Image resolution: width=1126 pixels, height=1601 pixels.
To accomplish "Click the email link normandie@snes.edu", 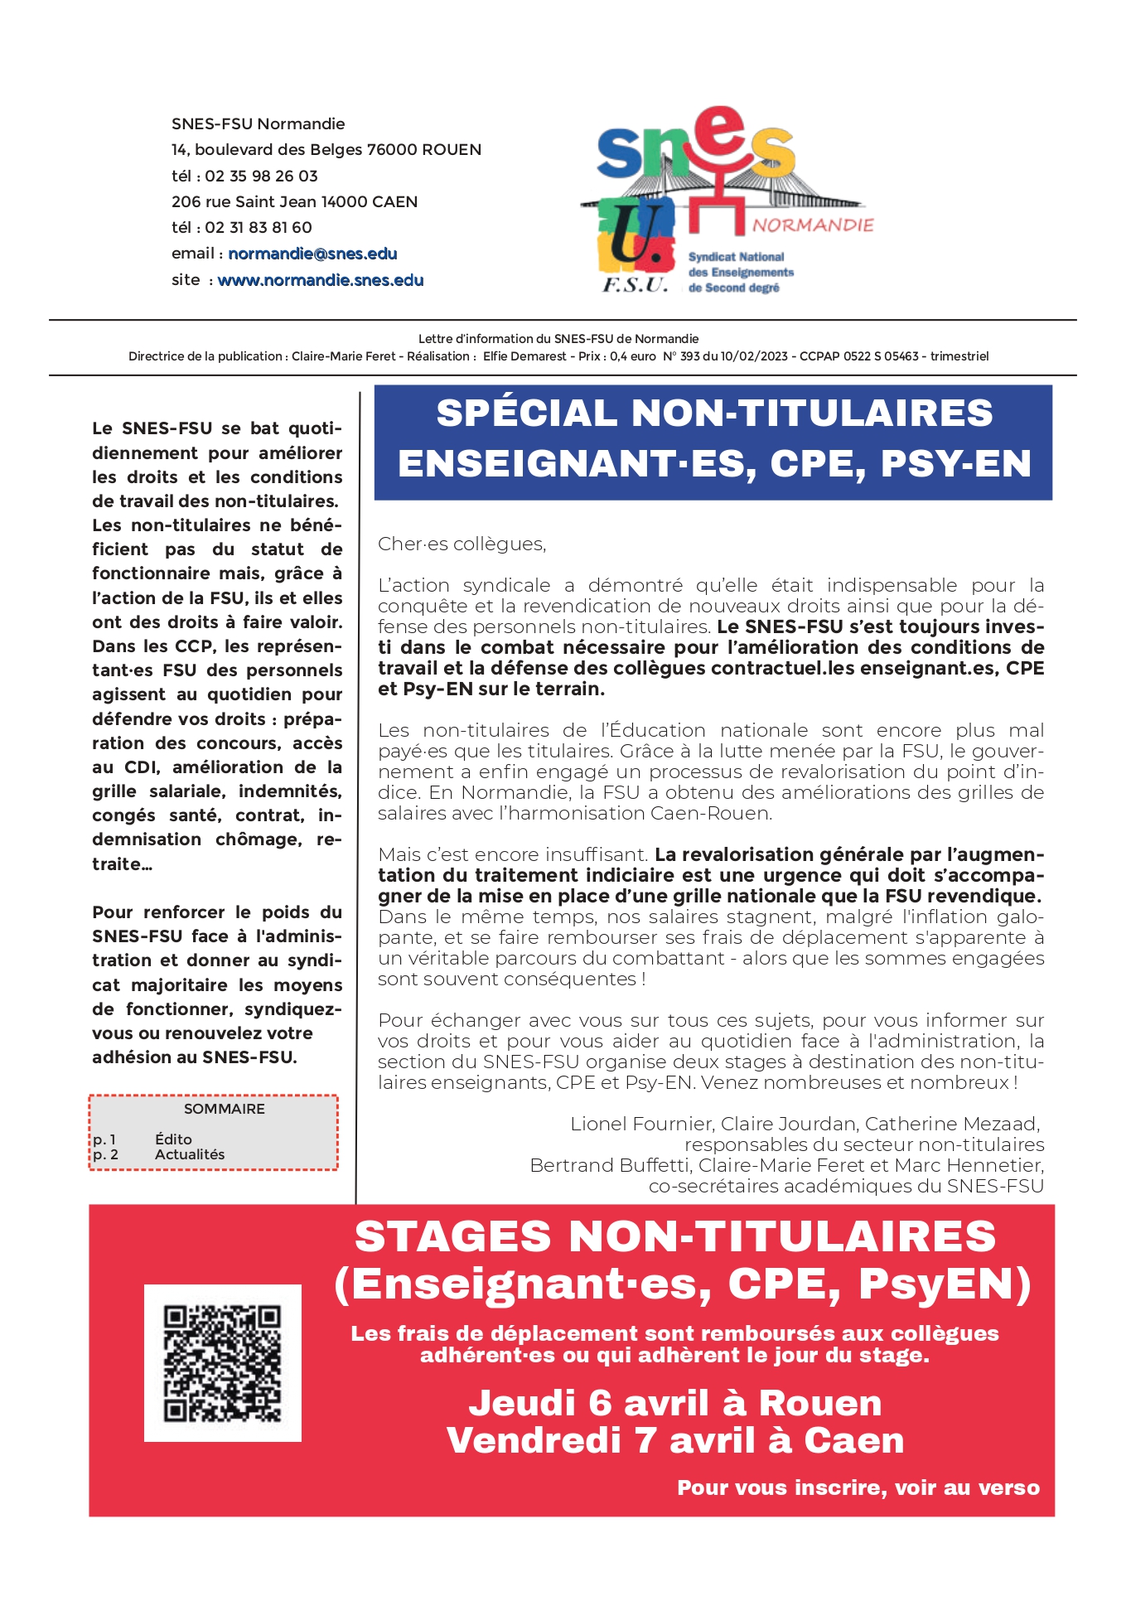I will tap(312, 254).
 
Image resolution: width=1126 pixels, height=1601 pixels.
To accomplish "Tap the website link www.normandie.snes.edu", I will tap(320, 280).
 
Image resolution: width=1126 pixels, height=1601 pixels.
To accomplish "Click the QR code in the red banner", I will tap(222, 1362).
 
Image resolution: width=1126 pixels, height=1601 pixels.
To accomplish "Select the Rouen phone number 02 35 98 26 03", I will tap(261, 176).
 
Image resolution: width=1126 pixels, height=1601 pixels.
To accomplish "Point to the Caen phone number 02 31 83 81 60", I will tap(259, 227).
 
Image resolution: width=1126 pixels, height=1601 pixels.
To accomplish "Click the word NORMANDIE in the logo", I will tap(813, 225).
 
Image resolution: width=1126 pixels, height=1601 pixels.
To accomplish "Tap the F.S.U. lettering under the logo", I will tap(635, 285).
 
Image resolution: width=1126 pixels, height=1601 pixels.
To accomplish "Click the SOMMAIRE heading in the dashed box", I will tap(224, 1109).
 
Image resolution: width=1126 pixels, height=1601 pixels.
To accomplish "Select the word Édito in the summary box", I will tap(173, 1139).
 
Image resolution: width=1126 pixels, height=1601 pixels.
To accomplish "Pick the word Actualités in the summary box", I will tap(190, 1154).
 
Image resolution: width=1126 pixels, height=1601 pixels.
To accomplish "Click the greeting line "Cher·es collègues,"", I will tap(462, 544).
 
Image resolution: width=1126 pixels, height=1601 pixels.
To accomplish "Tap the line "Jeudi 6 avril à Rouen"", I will tap(675, 1403).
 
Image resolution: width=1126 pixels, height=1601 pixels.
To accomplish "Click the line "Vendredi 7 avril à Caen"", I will tap(675, 1440).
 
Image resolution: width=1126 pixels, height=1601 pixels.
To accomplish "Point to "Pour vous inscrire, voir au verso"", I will tap(858, 1487).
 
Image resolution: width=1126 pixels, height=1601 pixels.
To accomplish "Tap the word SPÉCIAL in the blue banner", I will tap(526, 413).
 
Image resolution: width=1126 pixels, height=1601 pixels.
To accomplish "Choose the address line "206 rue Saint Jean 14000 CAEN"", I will tap(294, 201).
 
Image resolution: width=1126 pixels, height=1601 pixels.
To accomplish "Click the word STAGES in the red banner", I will tap(452, 1236).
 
